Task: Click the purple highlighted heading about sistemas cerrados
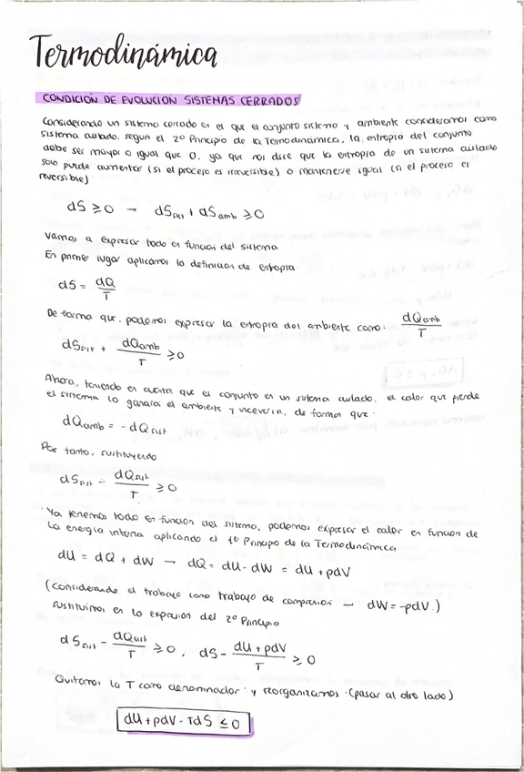170,98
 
